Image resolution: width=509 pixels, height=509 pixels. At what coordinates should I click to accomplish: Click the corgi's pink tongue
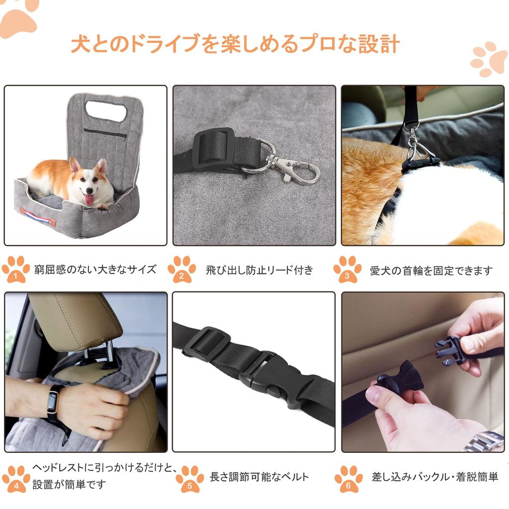(x=88, y=199)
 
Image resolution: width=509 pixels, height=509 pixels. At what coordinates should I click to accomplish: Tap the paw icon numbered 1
(x=15, y=269)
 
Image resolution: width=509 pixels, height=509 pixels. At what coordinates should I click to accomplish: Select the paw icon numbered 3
(x=347, y=269)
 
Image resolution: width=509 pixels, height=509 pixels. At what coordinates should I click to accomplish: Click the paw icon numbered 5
(x=190, y=479)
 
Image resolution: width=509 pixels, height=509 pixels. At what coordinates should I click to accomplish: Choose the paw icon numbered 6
(x=348, y=479)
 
